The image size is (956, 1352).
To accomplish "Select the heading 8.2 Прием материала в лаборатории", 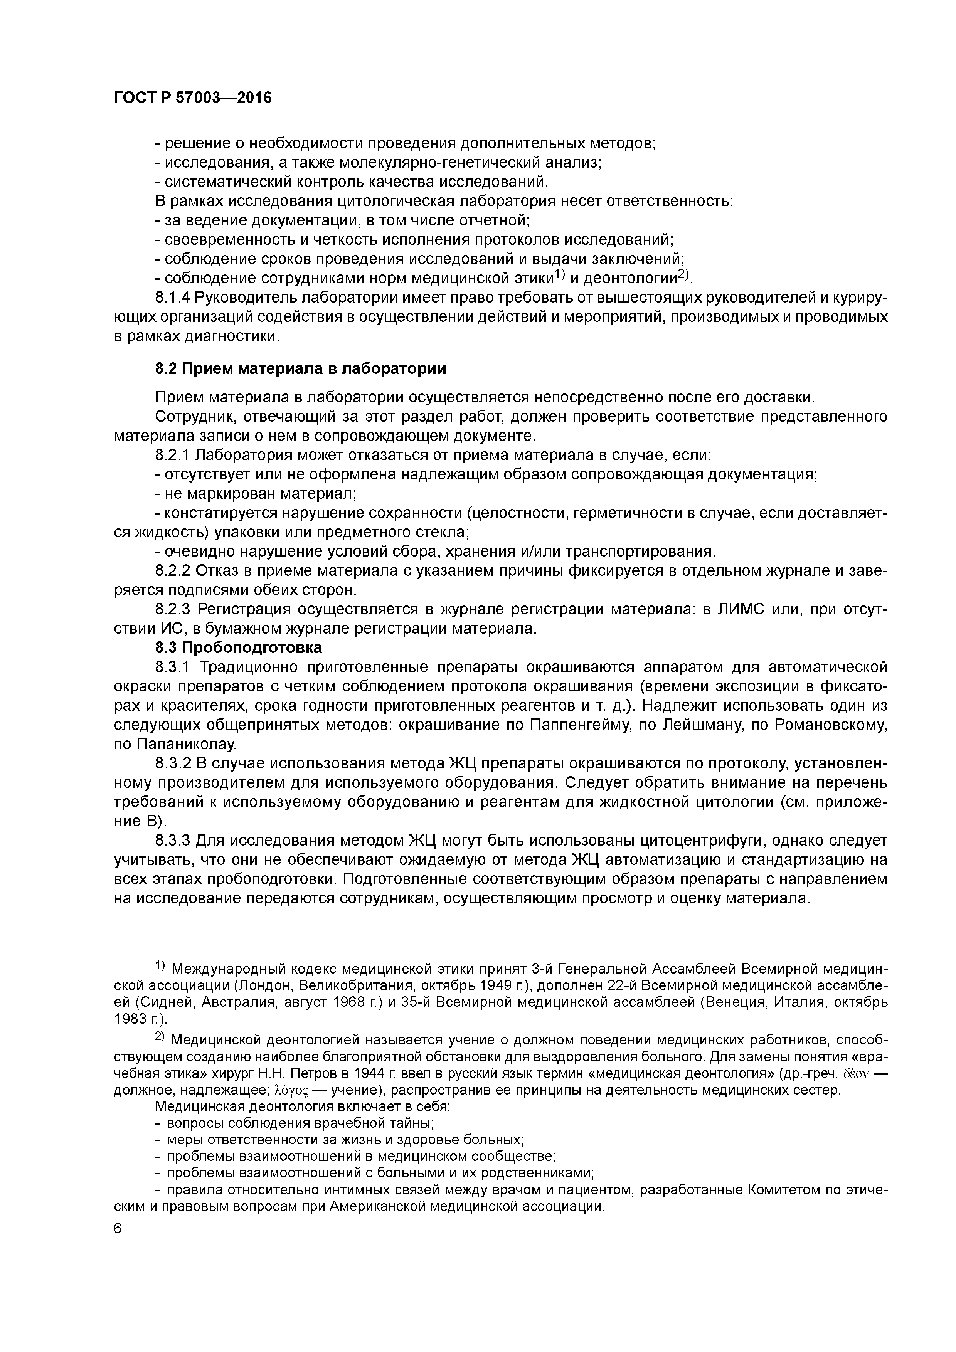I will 300,368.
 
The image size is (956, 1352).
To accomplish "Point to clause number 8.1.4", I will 174,298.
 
